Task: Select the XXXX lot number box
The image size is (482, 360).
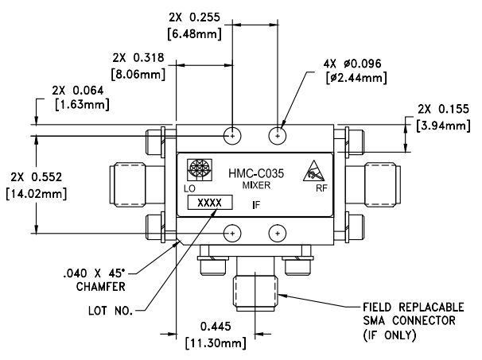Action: point(210,203)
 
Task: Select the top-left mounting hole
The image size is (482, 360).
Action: point(231,135)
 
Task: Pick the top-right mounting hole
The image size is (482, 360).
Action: point(277,135)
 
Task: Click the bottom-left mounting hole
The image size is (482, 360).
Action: point(231,233)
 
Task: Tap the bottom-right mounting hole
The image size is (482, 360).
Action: point(277,233)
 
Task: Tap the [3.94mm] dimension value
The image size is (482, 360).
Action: point(441,126)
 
